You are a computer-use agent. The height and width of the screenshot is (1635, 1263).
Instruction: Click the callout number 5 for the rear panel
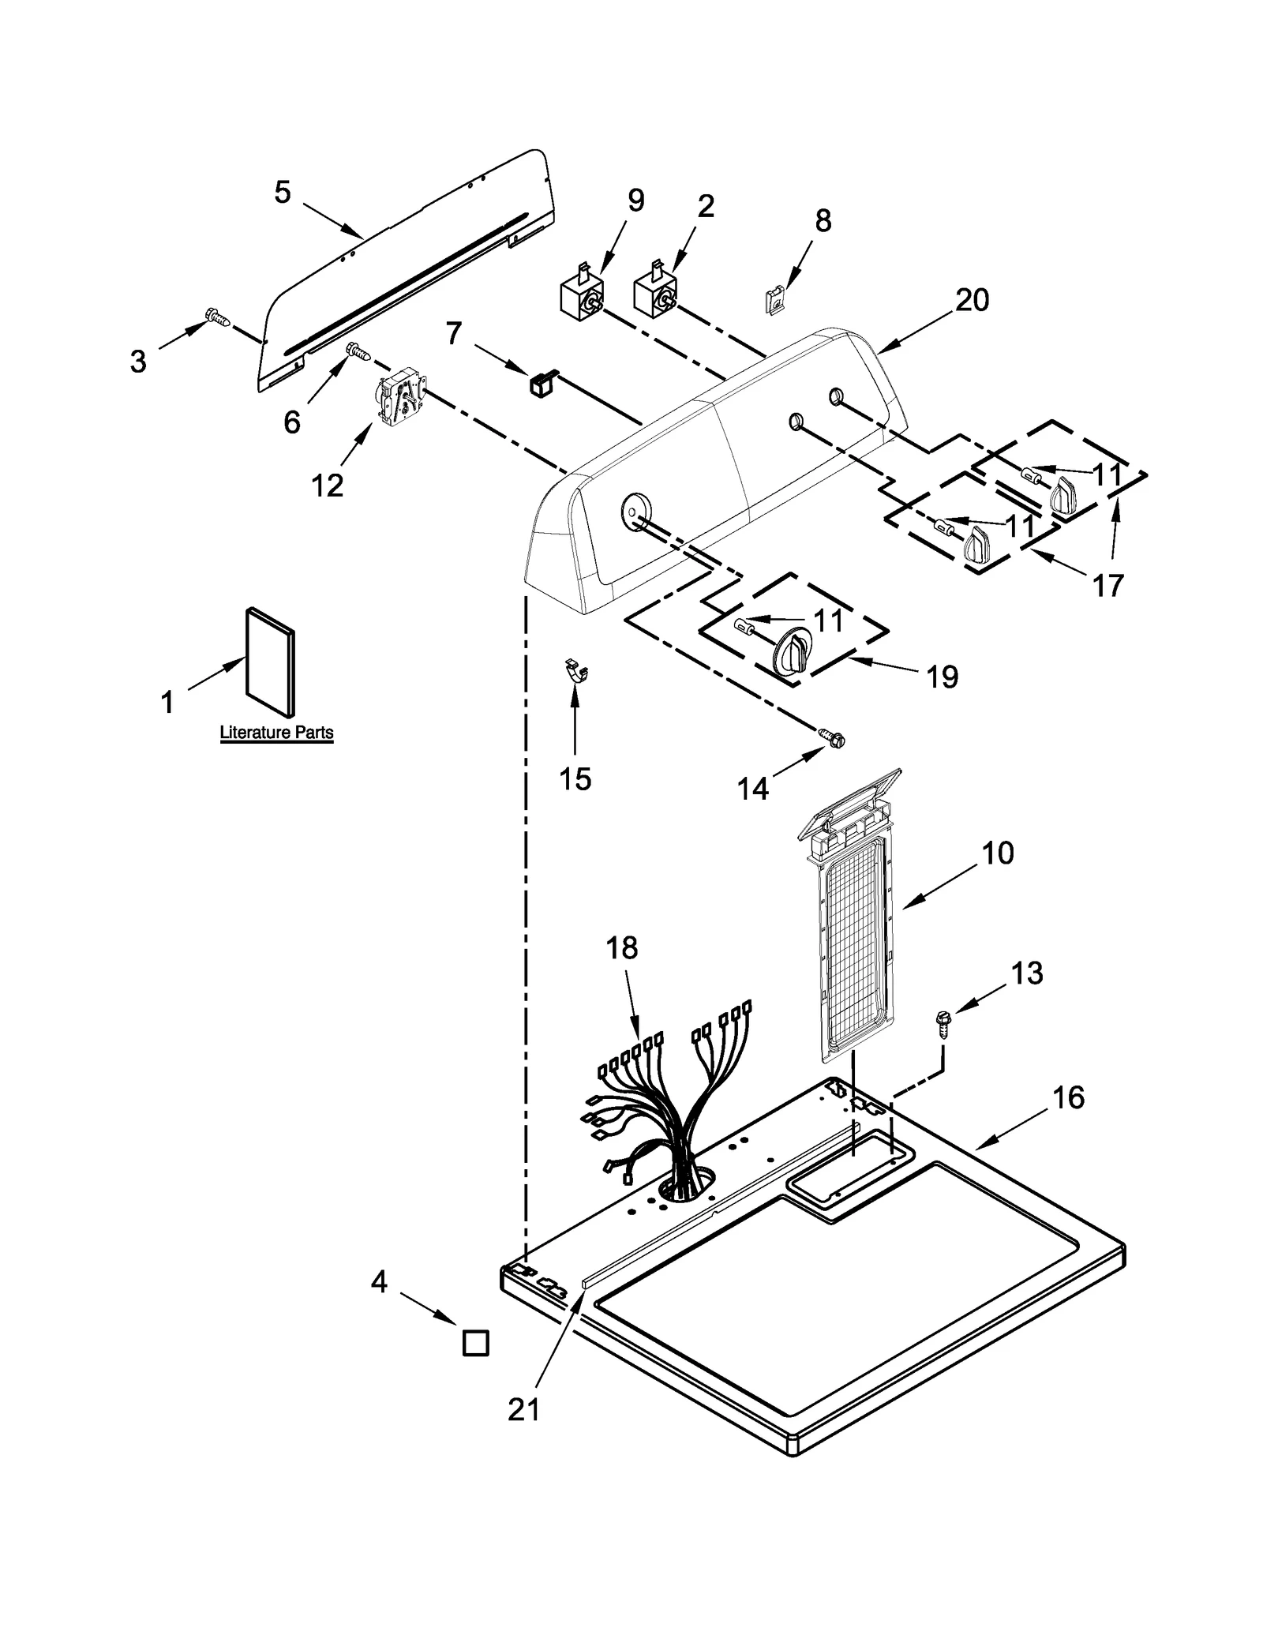(x=283, y=192)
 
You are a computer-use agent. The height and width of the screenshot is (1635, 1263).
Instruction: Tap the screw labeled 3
(x=219, y=317)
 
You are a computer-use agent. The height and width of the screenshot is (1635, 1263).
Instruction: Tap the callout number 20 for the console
(x=972, y=300)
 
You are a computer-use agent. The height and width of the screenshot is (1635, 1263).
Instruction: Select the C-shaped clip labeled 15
(x=579, y=671)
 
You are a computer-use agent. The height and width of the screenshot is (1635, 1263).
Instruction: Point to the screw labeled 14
(x=832, y=736)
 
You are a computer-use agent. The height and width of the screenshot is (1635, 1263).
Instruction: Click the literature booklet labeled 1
(x=271, y=658)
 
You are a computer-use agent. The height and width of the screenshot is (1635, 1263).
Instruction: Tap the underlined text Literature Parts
(x=276, y=733)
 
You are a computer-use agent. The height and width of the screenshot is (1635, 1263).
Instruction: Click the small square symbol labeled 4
(x=475, y=1343)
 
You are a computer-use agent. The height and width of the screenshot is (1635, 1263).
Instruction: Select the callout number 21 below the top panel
(x=523, y=1409)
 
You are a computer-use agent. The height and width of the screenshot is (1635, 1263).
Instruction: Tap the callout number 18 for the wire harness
(x=622, y=947)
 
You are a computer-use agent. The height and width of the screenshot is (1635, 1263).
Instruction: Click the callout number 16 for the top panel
(x=1069, y=1097)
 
